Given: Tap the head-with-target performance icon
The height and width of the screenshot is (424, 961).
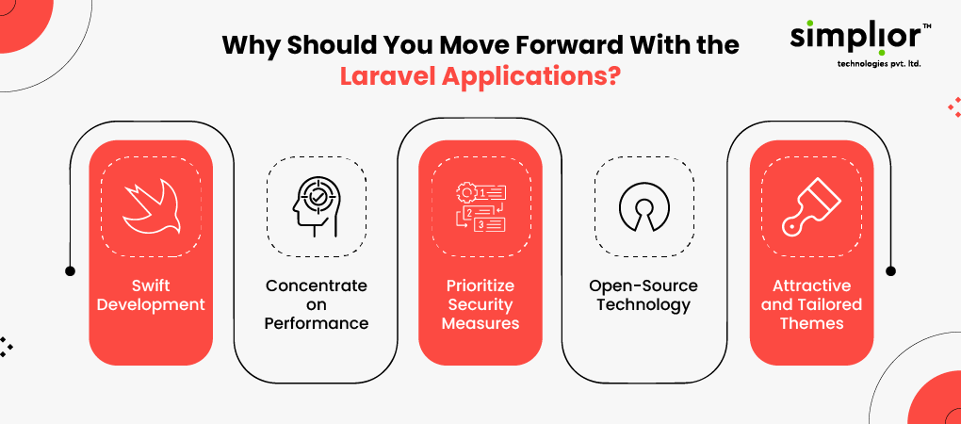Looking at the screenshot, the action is coord(317,205).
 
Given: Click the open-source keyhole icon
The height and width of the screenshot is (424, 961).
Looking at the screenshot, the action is coord(644,207).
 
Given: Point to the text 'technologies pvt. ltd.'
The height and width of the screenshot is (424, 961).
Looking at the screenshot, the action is coord(878,64).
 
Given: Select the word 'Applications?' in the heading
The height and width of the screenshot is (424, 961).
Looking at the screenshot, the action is coord(530,77).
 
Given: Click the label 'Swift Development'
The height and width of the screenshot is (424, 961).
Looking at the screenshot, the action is coord(151,295).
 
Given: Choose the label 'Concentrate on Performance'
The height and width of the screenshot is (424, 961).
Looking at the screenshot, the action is coord(317,304).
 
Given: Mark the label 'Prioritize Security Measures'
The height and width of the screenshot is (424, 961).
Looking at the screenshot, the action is coord(480,304).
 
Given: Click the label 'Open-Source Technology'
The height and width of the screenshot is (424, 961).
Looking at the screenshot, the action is coord(643,295).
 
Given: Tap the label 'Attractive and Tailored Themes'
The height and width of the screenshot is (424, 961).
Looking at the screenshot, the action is coord(811,304).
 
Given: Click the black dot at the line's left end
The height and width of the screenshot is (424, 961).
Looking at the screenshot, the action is coord(70,270).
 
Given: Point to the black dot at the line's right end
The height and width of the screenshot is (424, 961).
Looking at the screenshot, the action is coord(891,270).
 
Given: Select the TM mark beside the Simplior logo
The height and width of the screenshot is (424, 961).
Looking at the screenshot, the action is coord(927,26).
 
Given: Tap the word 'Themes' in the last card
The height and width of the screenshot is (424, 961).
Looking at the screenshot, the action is coord(811,323).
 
